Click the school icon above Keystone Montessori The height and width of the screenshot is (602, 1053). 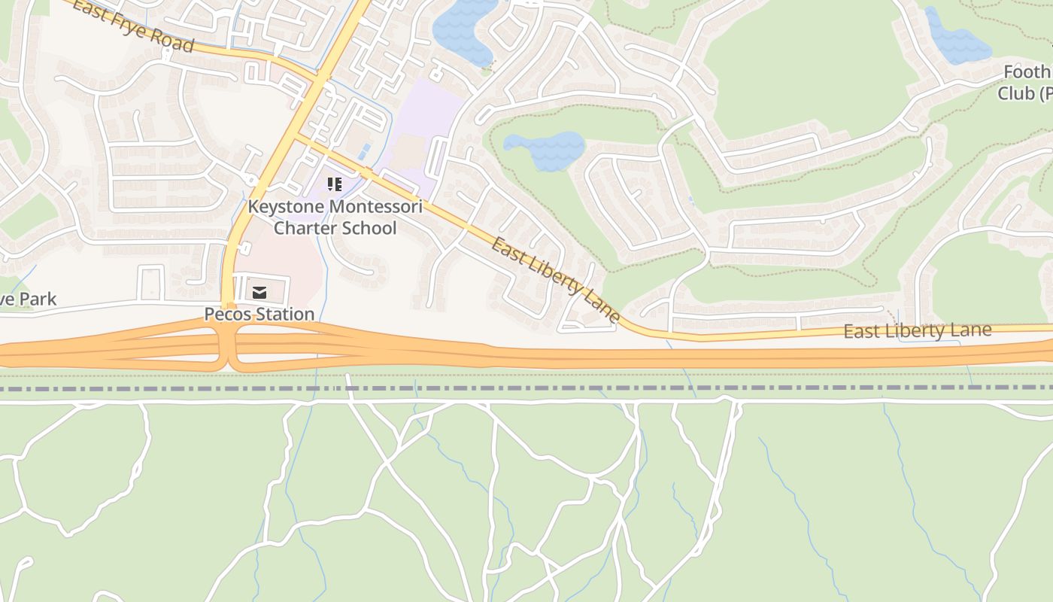tap(335, 184)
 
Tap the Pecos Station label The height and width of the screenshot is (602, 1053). tap(259, 314)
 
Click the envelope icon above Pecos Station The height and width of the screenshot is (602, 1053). tap(259, 292)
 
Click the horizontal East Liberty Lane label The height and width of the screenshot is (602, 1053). tap(917, 331)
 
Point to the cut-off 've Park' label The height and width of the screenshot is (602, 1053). tap(28, 299)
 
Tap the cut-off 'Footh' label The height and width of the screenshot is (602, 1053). tap(1027, 72)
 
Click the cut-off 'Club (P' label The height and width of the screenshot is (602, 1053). tap(1024, 93)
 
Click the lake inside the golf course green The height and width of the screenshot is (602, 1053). tap(545, 148)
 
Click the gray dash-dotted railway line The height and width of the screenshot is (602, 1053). tap(526, 388)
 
